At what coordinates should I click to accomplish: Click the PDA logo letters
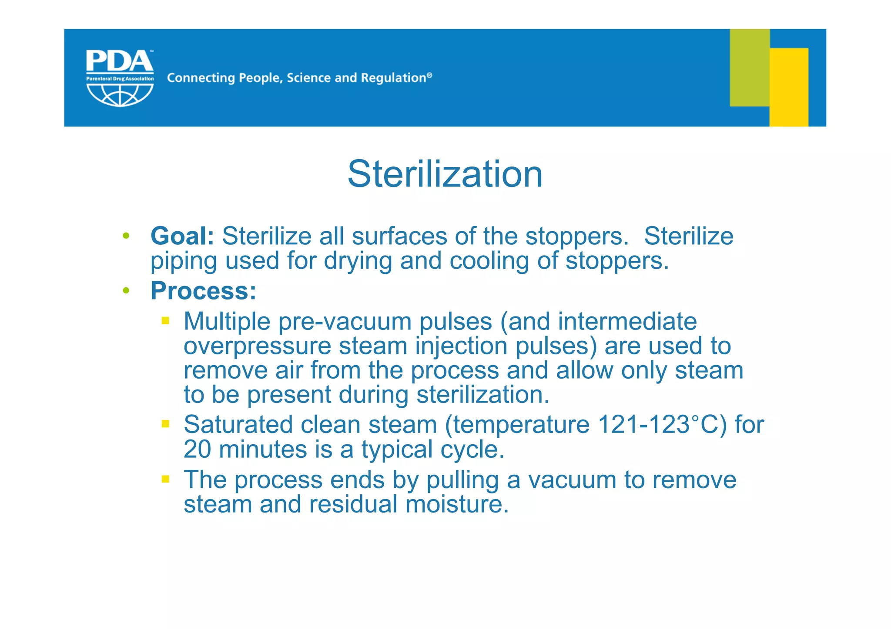pyautogui.click(x=119, y=61)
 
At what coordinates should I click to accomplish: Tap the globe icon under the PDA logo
pyautogui.click(x=120, y=95)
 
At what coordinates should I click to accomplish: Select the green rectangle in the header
pyautogui.click(x=749, y=67)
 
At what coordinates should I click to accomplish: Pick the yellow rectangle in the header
pyautogui.click(x=789, y=87)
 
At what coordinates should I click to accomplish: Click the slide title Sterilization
pyautogui.click(x=445, y=174)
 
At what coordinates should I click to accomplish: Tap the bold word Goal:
pyautogui.click(x=182, y=236)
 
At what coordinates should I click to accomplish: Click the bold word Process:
pyautogui.click(x=203, y=290)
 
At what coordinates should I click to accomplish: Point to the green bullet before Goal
pyautogui.click(x=126, y=236)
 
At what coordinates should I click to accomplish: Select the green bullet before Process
pyautogui.click(x=126, y=290)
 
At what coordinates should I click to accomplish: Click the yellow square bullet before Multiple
pyautogui.click(x=165, y=321)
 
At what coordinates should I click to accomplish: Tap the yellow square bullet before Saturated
pyautogui.click(x=165, y=424)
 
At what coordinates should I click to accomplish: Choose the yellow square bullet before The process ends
pyautogui.click(x=165, y=479)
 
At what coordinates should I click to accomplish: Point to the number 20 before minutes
pyautogui.click(x=197, y=449)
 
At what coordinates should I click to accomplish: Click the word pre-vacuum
pyautogui.click(x=345, y=322)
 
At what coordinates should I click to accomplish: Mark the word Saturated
pyautogui.click(x=238, y=424)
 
